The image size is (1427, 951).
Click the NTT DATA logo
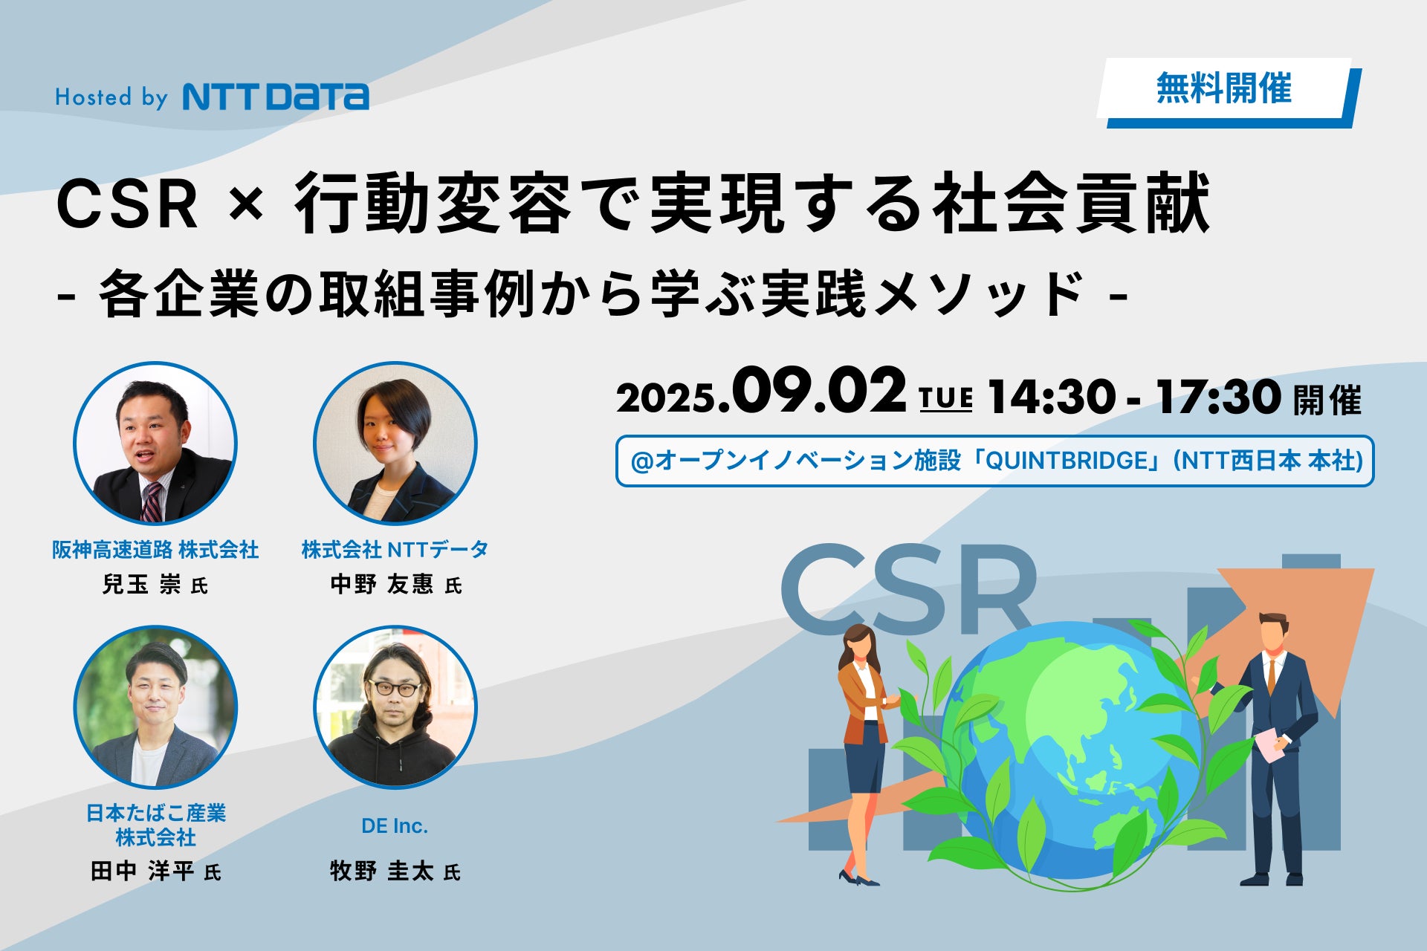(276, 97)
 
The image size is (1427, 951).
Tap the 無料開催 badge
(1229, 92)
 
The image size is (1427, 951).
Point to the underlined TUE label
(945, 399)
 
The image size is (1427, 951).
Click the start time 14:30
(1051, 397)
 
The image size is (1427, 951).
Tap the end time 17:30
(1218, 397)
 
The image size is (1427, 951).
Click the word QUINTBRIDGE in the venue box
(1067, 461)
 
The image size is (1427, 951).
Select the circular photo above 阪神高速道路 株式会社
(155, 444)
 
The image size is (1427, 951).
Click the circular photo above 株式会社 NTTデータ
(395, 444)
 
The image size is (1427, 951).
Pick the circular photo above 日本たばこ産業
(155, 707)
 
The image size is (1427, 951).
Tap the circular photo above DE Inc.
(395, 707)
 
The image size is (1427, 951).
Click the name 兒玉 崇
(141, 585)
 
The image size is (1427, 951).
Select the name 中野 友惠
(381, 585)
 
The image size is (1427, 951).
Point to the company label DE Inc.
(395, 826)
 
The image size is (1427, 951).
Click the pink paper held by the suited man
(1269, 745)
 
